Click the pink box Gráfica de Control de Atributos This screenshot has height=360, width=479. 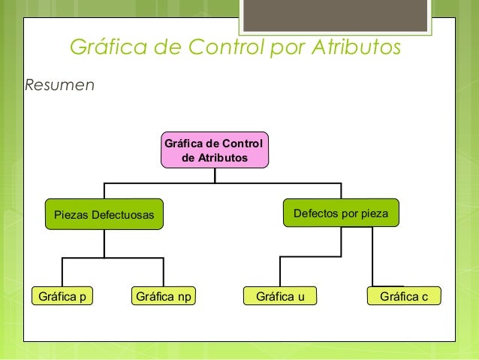pyautogui.click(x=214, y=150)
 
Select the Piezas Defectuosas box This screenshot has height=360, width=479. pyautogui.click(x=104, y=216)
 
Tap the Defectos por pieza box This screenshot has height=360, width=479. pyautogui.click(x=341, y=213)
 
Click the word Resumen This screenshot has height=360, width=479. pyautogui.click(x=60, y=84)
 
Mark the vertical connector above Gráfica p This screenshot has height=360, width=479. pyautogui.click(x=62, y=272)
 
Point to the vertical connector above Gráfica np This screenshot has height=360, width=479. pyautogui.click(x=163, y=272)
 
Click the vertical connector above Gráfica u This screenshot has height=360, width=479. pyautogui.click(x=280, y=272)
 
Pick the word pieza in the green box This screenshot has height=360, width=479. pyautogui.click(x=373, y=213)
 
